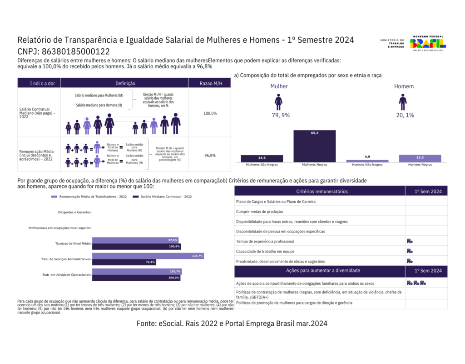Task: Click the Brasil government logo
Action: coord(427,43)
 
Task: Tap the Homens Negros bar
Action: coord(420,158)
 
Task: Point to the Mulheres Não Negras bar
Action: coord(262,158)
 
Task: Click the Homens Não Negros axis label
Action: coord(367,165)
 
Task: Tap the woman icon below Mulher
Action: coord(278,101)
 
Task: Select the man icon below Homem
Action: coord(403,101)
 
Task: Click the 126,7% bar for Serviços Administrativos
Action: coord(148,256)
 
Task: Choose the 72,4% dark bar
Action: coord(124,262)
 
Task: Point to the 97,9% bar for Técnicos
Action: coord(135,240)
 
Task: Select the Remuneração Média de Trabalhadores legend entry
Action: coord(87,197)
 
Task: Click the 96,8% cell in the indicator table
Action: coord(210,155)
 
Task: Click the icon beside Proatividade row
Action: coord(409,261)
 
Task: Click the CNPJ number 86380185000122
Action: coord(75,51)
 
